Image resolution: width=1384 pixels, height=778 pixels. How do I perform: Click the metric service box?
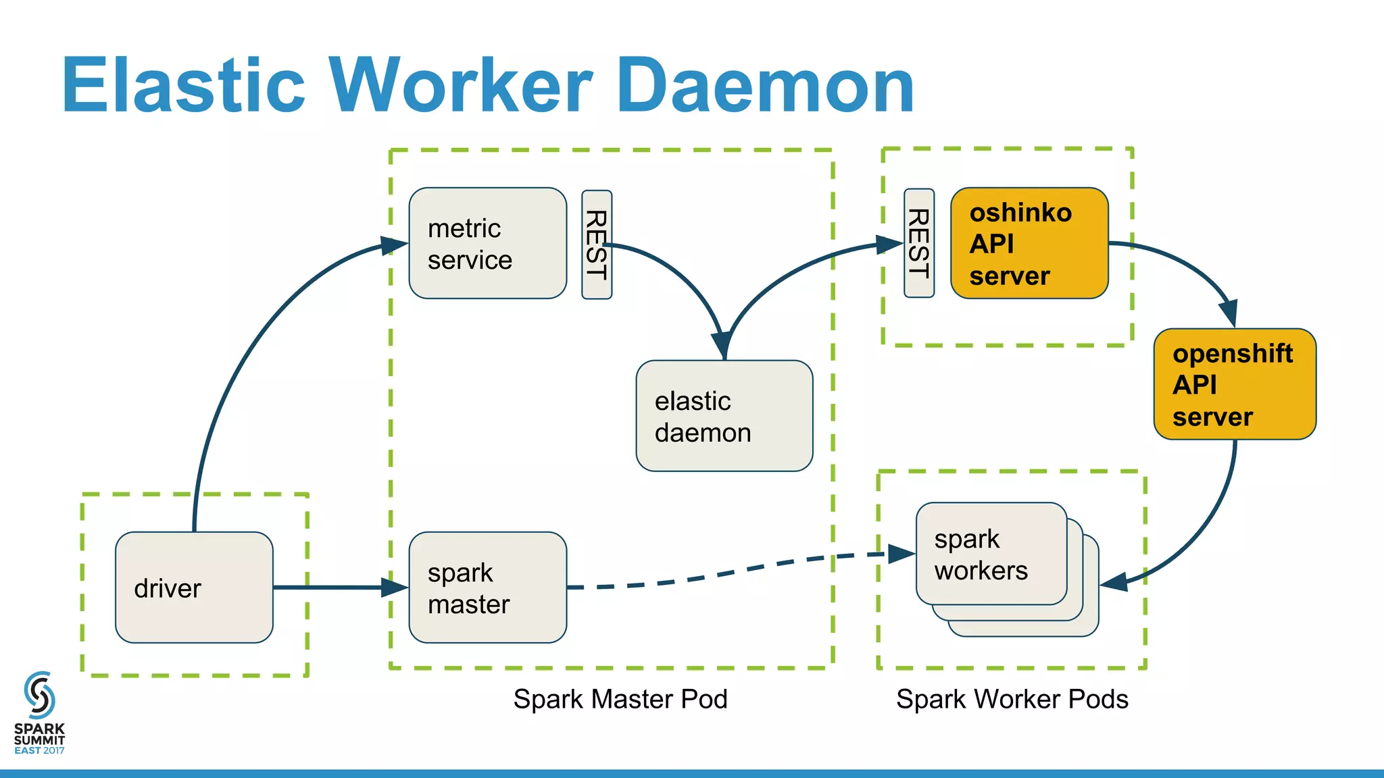[x=487, y=243]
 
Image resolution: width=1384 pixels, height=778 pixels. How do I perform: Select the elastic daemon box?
[x=724, y=416]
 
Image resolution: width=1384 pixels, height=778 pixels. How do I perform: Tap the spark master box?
[x=487, y=588]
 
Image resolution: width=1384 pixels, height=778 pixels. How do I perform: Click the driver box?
[x=194, y=588]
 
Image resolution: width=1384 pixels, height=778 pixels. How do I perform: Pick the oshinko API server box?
[x=1029, y=243]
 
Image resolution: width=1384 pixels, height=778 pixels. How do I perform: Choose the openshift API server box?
[x=1235, y=384]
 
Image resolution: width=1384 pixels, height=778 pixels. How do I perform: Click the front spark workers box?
[x=991, y=554]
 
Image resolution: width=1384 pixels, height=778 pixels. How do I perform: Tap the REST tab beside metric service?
[x=597, y=244]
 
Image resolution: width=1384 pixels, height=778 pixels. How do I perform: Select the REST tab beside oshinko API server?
[x=919, y=243]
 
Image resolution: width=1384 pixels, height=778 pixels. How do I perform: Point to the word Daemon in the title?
[x=765, y=86]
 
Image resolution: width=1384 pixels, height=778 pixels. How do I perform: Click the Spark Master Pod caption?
[x=620, y=699]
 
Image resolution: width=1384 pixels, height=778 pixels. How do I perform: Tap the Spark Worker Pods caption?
[x=1012, y=699]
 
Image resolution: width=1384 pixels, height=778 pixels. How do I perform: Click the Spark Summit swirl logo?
[x=39, y=695]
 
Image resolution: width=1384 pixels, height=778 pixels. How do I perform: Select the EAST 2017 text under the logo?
[x=39, y=750]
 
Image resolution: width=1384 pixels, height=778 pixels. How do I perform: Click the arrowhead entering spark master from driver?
[x=395, y=588]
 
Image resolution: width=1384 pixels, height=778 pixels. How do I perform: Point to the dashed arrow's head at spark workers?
[x=901, y=554]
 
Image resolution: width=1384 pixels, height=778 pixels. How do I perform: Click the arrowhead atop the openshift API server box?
[x=1229, y=314]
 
